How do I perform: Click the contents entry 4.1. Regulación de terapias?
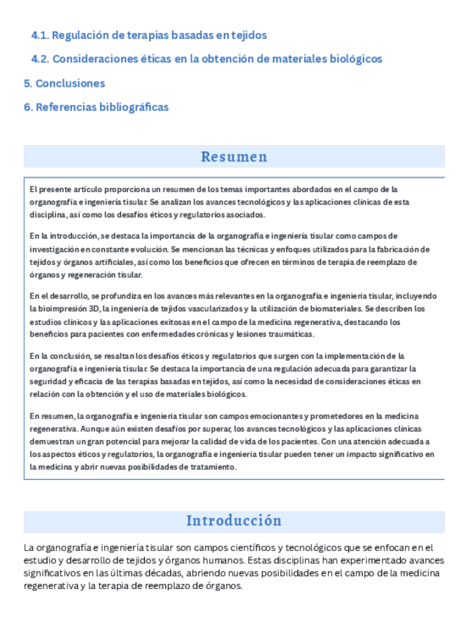(149, 35)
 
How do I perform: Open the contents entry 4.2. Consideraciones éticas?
(206, 59)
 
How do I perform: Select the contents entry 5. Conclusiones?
(65, 83)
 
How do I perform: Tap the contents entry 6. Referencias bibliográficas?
(96, 107)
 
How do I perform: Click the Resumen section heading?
(234, 157)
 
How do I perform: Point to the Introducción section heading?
(234, 521)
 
